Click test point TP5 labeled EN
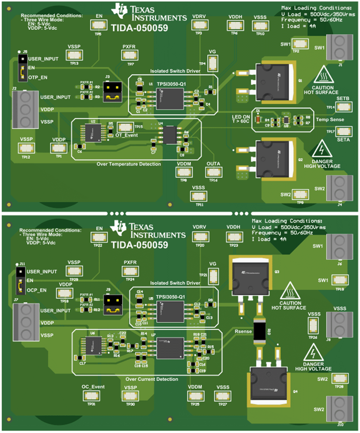pos(98,25)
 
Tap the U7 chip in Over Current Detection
pos(170,347)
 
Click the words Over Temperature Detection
pos(129,164)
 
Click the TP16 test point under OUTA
pos(213,172)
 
